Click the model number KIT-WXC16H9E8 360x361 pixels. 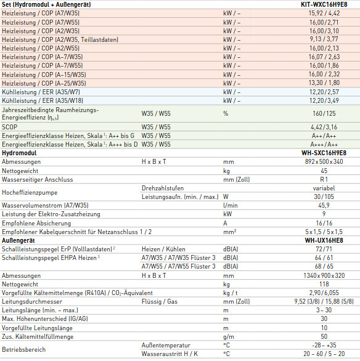pos(324,4)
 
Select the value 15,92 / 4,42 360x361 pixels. pos(324,13)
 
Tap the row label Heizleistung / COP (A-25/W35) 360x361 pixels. pos(44,83)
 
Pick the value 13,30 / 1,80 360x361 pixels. pos(324,83)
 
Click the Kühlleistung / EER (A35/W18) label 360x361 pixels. pos(43,100)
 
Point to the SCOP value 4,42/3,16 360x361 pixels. pos(324,127)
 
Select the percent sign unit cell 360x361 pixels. pos(226,113)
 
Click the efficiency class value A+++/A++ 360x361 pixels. pos(324,145)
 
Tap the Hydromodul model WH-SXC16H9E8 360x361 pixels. pos(324,153)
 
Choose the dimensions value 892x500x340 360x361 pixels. pos(324,161)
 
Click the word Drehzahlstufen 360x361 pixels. pos(163,189)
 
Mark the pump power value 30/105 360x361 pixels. pos(324,197)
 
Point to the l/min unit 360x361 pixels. pos(231,205)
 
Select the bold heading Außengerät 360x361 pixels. pos(18,241)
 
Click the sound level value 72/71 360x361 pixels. pos(324,249)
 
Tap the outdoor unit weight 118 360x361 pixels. pos(324,285)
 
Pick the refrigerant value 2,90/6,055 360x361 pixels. pos(324,293)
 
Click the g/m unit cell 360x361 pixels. pos(229,337)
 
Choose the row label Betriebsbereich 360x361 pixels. pos(23,350)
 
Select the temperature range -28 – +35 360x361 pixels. pos(324,346)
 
